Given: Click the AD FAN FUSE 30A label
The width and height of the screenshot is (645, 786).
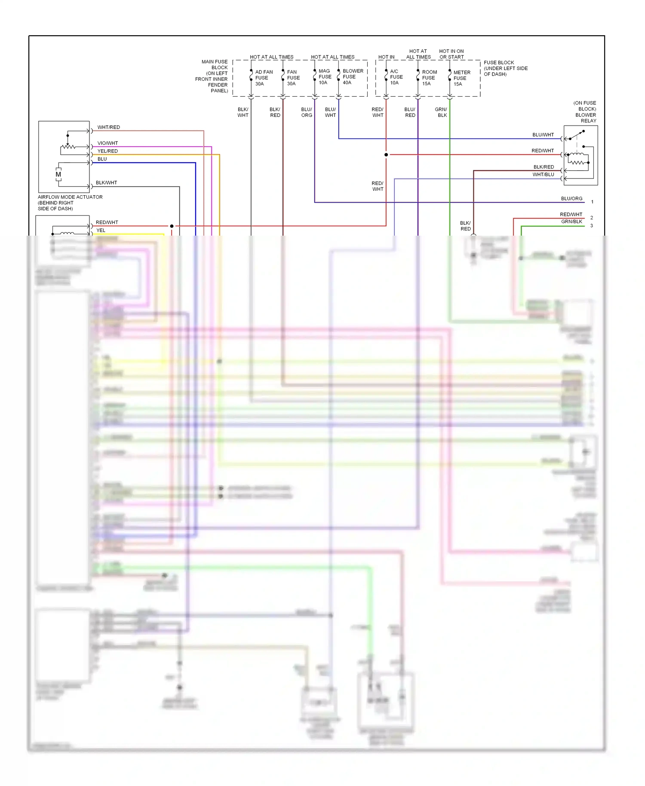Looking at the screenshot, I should pyautogui.click(x=263, y=78).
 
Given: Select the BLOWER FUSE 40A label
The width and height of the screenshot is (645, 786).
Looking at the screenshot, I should pyautogui.click(x=353, y=77).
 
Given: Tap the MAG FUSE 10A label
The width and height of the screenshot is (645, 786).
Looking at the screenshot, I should pyautogui.click(x=325, y=77).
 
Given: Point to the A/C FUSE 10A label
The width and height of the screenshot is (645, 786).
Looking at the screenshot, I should pyautogui.click(x=396, y=77).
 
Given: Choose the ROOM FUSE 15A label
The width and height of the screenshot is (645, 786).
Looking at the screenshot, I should pyautogui.click(x=429, y=78).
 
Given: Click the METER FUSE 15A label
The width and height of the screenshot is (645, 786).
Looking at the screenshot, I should pyautogui.click(x=461, y=78).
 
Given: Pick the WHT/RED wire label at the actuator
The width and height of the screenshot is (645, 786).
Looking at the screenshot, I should pyautogui.click(x=108, y=127).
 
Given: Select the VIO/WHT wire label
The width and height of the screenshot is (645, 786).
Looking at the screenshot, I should pyautogui.click(x=107, y=143).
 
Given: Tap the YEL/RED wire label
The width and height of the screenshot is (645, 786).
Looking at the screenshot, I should pyautogui.click(x=107, y=151).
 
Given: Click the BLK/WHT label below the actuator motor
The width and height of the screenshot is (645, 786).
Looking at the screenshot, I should pyautogui.click(x=106, y=183).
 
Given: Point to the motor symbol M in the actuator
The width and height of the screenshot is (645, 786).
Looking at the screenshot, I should pyautogui.click(x=58, y=175).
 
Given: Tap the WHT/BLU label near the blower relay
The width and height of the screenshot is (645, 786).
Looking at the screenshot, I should pyautogui.click(x=543, y=175).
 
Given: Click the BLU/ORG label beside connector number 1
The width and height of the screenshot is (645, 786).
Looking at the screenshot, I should pyautogui.click(x=571, y=199).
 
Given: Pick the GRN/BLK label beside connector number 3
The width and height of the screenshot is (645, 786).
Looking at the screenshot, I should pyautogui.click(x=571, y=221).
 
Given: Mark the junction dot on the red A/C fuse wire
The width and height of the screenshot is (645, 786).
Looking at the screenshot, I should pyautogui.click(x=386, y=155).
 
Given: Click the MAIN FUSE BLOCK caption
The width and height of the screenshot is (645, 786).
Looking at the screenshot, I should pyautogui.click(x=214, y=76).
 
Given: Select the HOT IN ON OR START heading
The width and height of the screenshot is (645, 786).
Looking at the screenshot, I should pyautogui.click(x=451, y=54).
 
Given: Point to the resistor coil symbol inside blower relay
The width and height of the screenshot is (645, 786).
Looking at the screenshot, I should pyautogui.click(x=578, y=162).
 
